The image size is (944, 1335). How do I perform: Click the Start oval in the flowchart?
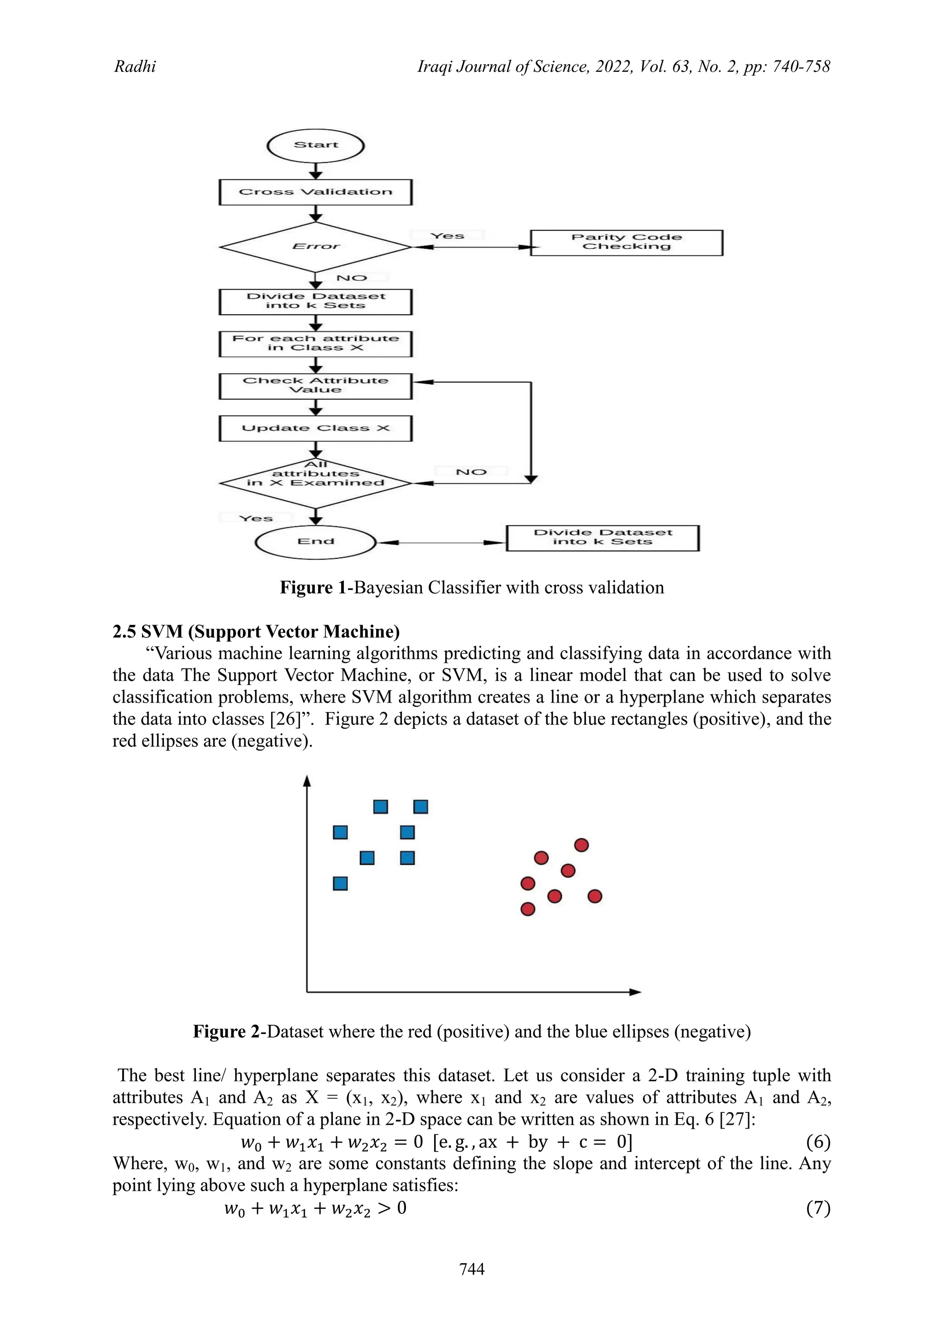(315, 145)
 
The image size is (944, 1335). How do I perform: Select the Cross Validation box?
(315, 192)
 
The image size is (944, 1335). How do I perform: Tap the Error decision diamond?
(315, 247)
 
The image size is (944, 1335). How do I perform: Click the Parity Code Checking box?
(626, 242)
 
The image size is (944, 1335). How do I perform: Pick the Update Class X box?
(315, 429)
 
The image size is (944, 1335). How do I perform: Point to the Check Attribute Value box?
(315, 385)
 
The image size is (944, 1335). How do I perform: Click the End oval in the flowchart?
(315, 542)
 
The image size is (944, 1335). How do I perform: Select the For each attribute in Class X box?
(315, 343)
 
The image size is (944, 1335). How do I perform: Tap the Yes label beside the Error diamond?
(447, 236)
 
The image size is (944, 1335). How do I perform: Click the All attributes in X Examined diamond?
(315, 482)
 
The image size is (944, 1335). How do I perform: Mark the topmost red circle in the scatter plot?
(581, 845)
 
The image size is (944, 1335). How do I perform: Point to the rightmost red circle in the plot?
(595, 896)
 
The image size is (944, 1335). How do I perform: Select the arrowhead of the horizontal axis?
(636, 992)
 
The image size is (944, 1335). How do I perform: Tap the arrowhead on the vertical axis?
(307, 781)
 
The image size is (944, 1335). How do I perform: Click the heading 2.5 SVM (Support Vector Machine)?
(256, 632)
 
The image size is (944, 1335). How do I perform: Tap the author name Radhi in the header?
(135, 66)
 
